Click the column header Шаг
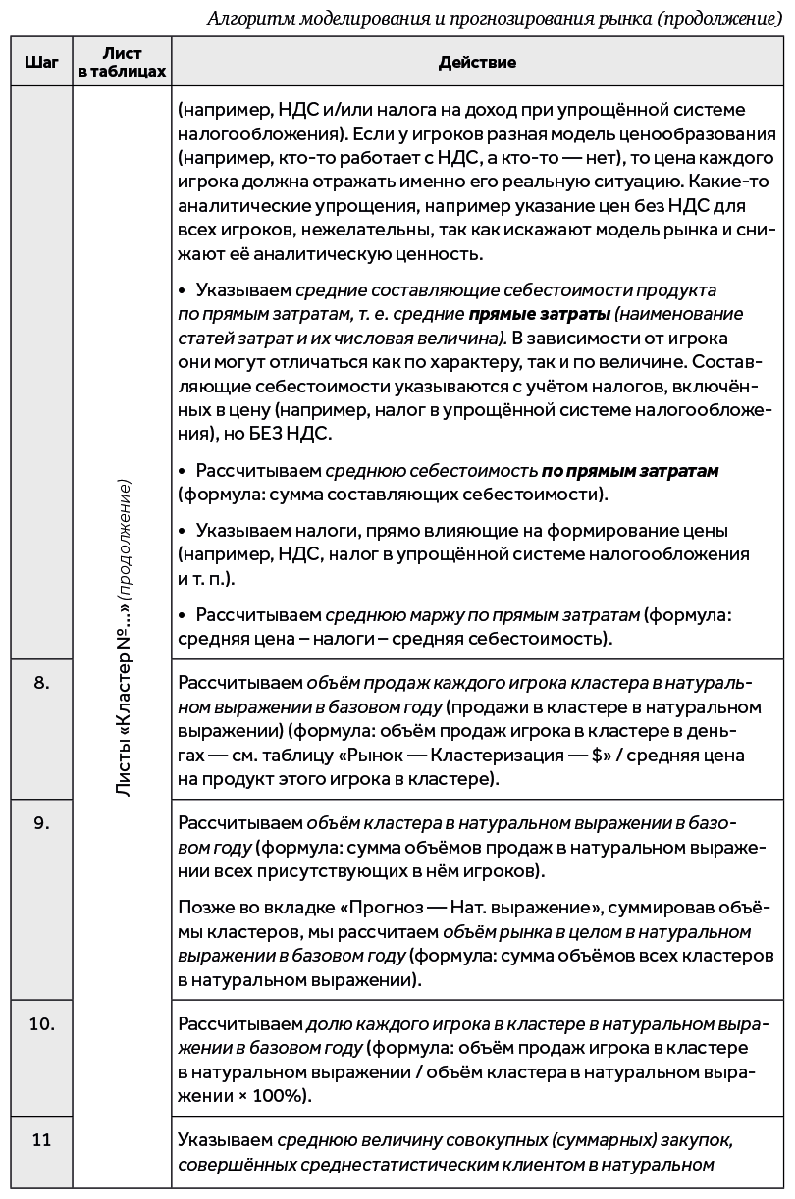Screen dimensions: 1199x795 click(40, 62)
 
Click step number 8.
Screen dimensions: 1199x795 click(40, 683)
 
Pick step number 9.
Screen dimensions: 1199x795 click(40, 822)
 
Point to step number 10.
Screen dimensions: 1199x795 click(40, 1023)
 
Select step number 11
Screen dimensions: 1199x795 click(40, 1140)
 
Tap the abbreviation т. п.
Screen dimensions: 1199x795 click(209, 577)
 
